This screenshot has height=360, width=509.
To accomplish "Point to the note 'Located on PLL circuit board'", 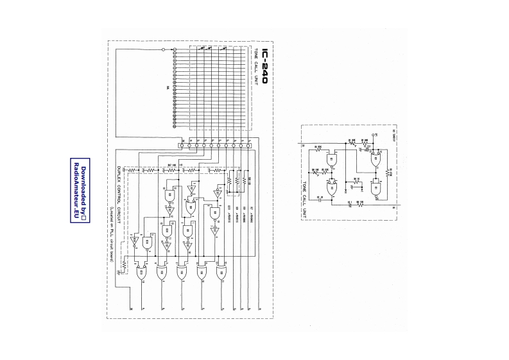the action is tap(111, 234).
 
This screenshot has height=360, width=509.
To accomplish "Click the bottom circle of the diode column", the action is tap(175, 126).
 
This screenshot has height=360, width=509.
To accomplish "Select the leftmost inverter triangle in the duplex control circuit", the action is tap(134, 243).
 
